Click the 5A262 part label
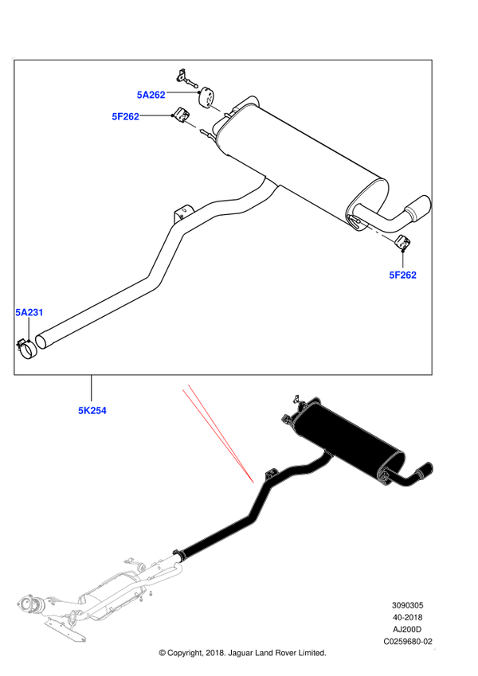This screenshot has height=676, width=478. click(151, 95)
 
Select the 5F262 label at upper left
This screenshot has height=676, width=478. click(126, 116)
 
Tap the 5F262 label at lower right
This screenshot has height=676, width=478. click(402, 275)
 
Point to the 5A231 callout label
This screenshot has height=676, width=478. click(29, 312)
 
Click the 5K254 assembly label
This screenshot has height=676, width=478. click(92, 410)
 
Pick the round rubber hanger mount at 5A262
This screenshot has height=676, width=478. click(207, 97)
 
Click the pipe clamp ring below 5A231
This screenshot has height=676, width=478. click(27, 349)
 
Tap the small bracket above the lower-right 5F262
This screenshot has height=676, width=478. click(403, 243)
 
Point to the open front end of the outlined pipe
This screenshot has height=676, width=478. click(42, 341)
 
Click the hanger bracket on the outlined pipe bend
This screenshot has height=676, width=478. click(183, 212)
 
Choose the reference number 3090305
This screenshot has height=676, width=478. click(407, 605)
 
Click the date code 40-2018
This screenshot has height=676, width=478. click(407, 617)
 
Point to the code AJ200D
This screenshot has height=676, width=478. click(407, 630)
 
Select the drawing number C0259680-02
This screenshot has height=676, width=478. click(408, 642)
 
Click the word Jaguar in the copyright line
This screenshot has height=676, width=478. click(241, 653)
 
